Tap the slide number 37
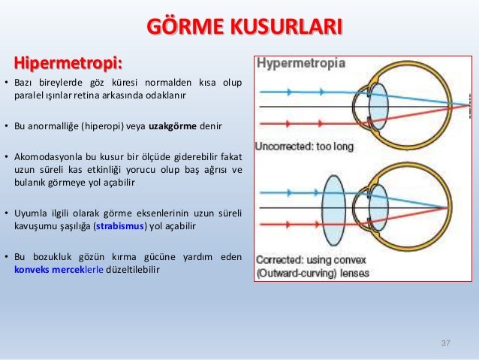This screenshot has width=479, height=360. tap(445, 343)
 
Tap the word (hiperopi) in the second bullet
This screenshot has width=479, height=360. tap(110, 126)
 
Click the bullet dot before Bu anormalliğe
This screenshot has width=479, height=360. tap(7, 126)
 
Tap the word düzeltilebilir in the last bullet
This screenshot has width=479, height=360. tap(128, 269)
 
